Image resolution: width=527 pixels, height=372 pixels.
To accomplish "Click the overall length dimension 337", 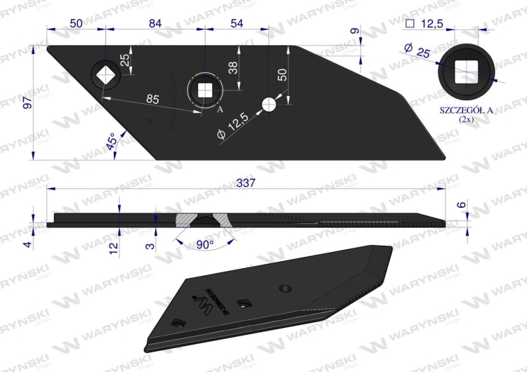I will [245, 182].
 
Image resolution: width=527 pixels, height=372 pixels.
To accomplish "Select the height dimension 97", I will [27, 103].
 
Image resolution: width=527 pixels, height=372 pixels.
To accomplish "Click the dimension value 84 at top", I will [155, 23].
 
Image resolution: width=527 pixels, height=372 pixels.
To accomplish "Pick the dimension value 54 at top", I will [237, 23].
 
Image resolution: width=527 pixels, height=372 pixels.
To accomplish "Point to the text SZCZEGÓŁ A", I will [465, 110].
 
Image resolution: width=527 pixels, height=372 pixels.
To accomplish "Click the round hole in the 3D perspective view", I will [284, 288].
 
